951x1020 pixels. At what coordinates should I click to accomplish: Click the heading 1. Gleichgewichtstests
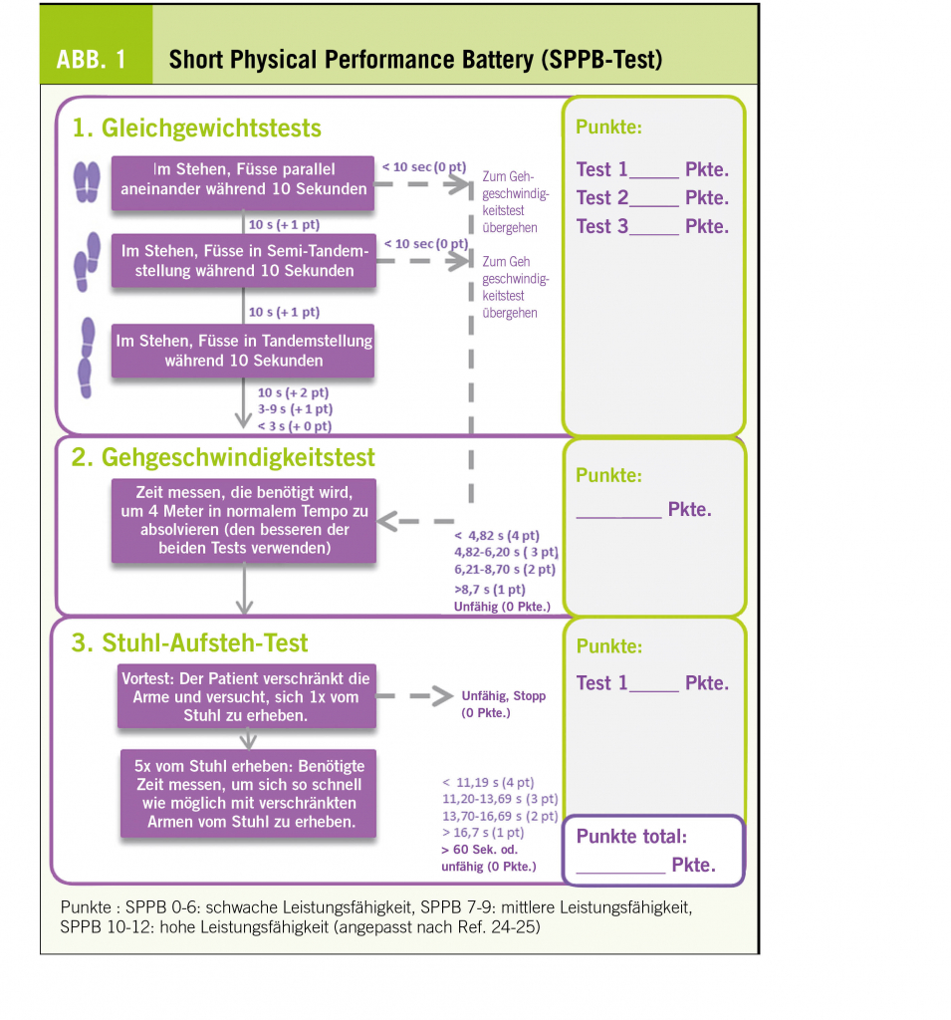point(196,128)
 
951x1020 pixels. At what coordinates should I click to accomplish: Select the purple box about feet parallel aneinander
point(243,179)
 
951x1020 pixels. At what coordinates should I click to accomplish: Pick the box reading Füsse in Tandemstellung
point(243,351)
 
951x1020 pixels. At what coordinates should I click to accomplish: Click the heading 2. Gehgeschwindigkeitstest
point(223,457)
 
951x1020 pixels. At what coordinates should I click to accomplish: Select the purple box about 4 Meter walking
point(243,520)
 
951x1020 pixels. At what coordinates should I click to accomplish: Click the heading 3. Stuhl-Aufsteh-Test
point(189,643)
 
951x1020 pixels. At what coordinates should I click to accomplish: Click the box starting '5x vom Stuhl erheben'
point(248,794)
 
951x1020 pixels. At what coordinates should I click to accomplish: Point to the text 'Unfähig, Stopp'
point(503,696)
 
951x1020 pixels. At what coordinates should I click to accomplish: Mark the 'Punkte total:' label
point(631,837)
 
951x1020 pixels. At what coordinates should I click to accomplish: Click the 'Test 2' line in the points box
point(652,198)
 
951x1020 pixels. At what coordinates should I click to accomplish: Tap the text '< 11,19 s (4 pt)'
point(488,782)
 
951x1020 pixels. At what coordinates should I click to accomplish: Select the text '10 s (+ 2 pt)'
point(294,392)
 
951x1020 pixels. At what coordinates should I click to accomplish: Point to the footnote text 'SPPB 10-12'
point(102,927)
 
